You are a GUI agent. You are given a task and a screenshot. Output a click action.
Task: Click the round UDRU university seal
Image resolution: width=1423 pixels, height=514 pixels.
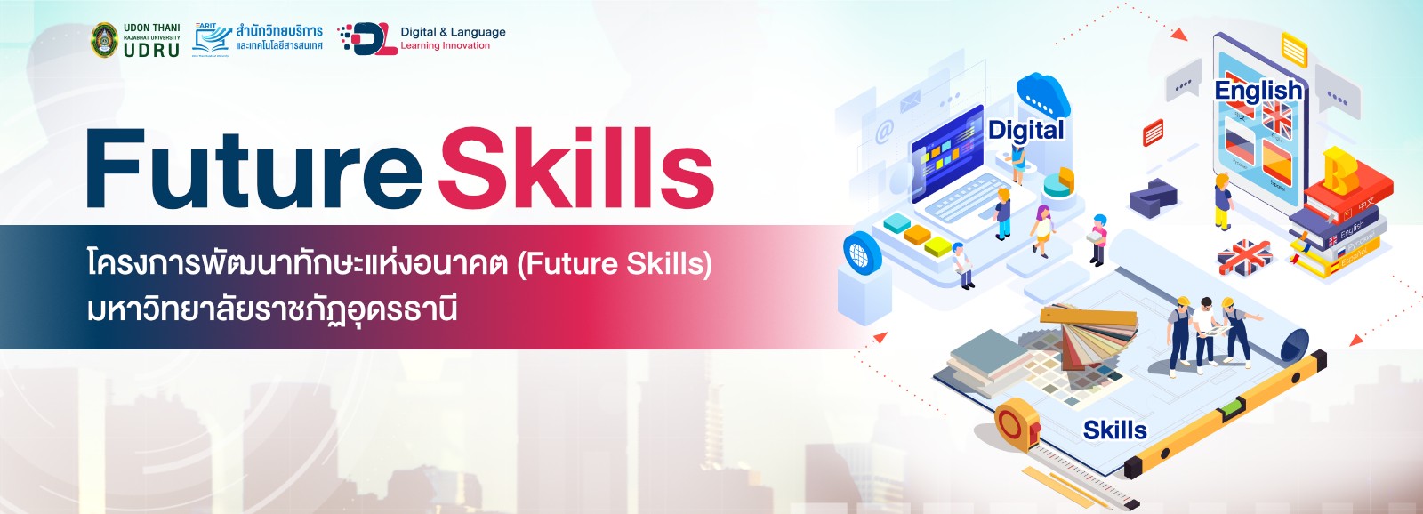click(x=105, y=40)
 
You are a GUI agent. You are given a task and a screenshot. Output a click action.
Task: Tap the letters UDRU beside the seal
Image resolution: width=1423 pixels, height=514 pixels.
click(x=151, y=51)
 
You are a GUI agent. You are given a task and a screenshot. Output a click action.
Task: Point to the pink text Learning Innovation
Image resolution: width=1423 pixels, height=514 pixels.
click(x=445, y=46)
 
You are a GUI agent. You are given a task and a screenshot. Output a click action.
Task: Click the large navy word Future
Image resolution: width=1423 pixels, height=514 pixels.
click(x=253, y=169)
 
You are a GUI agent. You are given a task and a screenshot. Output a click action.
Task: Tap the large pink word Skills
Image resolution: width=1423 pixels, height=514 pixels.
click(x=576, y=169)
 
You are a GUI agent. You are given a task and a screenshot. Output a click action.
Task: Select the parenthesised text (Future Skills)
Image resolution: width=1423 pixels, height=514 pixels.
click(x=614, y=264)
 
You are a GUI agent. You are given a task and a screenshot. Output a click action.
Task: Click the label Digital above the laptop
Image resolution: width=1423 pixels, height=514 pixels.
click(x=1025, y=130)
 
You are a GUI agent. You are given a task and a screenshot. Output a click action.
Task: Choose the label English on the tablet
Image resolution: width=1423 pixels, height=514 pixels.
click(x=1258, y=91)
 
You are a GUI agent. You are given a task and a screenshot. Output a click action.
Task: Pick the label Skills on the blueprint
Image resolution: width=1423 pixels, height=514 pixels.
click(x=1114, y=430)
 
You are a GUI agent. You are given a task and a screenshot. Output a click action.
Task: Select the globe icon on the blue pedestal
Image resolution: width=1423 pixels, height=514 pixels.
click(x=861, y=253)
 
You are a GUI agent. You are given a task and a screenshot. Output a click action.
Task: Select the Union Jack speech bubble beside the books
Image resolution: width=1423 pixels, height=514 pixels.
click(x=1244, y=258)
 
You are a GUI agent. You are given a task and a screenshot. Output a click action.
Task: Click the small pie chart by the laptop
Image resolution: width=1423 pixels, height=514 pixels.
click(x=1058, y=182)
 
